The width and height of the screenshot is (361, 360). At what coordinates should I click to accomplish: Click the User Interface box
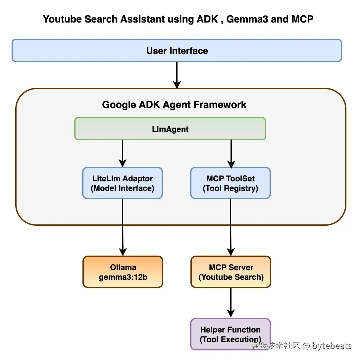177,51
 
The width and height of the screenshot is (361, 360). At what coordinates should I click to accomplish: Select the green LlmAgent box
170,129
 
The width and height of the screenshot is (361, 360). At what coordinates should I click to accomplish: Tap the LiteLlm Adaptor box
122,183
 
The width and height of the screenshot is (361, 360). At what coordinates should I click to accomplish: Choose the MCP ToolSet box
231,183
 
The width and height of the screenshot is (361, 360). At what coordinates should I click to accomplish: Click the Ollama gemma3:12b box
123,272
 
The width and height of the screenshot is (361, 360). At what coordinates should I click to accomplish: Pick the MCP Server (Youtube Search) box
231,272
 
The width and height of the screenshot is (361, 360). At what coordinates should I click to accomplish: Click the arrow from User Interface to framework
177,75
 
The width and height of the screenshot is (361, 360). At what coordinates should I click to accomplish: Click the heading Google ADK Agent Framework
174,105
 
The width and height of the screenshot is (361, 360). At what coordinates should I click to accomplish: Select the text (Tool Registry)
231,188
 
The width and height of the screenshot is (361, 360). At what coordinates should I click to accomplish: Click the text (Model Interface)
123,188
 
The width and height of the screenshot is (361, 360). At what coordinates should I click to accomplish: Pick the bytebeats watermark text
331,346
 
